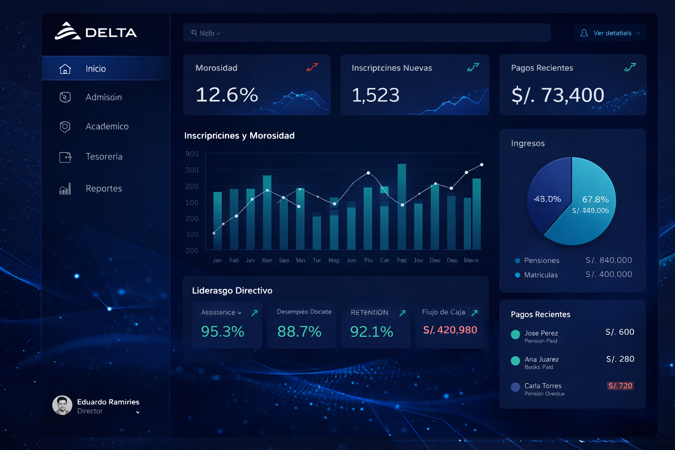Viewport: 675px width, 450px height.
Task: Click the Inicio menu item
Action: (95, 69)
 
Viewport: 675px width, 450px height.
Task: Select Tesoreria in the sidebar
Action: (104, 156)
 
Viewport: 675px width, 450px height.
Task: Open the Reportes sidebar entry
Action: (104, 189)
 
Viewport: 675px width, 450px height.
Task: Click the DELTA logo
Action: (96, 32)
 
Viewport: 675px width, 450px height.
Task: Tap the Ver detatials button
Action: (610, 33)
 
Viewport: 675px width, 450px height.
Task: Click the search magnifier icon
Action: (194, 33)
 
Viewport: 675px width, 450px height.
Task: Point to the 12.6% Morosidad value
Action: (227, 95)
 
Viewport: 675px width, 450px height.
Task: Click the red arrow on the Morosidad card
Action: (312, 67)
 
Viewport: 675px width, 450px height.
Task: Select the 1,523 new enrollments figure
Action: (376, 95)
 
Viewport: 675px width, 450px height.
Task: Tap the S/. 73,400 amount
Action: (558, 95)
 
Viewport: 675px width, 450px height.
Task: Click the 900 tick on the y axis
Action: (192, 154)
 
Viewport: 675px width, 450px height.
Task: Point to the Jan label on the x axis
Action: (217, 260)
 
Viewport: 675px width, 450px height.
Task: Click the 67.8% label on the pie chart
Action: (595, 200)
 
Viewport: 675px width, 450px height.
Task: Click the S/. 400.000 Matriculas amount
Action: (609, 274)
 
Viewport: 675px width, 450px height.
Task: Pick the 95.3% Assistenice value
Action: (222, 331)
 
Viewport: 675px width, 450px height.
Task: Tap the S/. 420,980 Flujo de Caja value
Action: (450, 330)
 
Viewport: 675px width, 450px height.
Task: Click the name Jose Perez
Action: (541, 333)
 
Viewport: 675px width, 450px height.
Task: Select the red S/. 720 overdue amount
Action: (620, 386)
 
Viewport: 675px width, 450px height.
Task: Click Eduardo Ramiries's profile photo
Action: (62, 405)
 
